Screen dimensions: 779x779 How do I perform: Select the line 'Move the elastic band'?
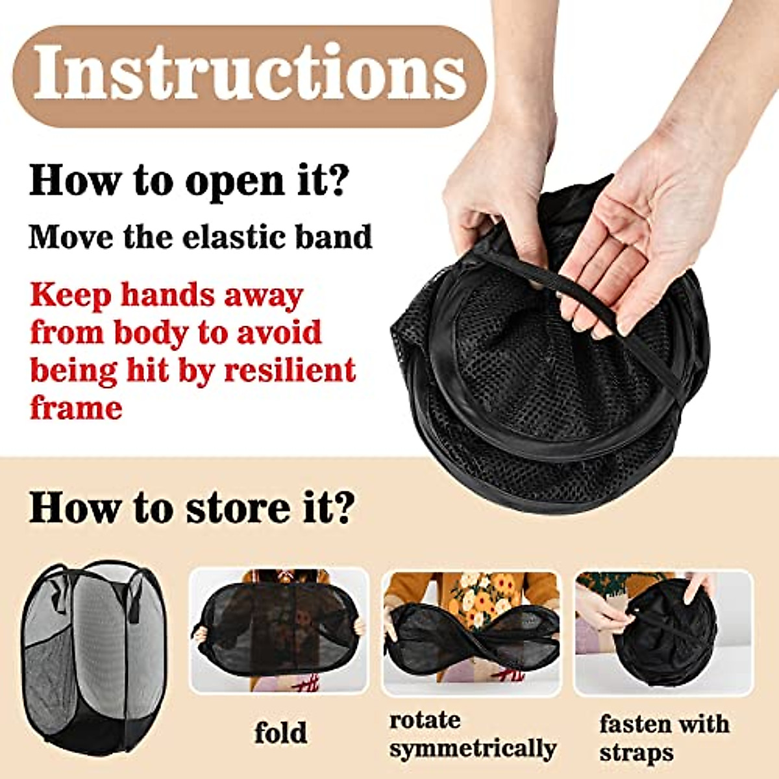201,237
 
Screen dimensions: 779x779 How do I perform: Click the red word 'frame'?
76,408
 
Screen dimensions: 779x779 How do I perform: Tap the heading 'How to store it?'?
192,507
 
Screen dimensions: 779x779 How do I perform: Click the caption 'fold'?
280,733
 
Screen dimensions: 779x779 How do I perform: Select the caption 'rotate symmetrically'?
472,734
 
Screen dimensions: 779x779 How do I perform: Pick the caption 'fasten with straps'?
663,737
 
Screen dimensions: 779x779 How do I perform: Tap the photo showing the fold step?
279,631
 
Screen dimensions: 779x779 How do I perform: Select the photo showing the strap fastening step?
663,633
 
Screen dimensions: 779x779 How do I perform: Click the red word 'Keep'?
69,295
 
